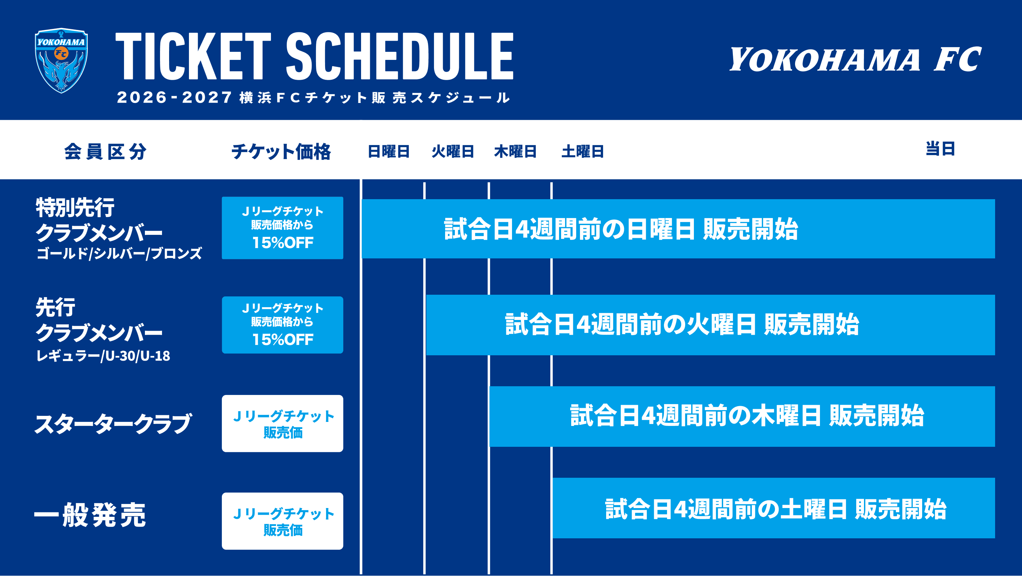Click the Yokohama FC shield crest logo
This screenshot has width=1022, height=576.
pyautogui.click(x=62, y=60)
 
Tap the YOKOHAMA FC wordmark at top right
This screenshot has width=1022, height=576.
pyautogui.click(x=855, y=59)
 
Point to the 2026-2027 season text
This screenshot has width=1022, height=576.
pyautogui.click(x=174, y=98)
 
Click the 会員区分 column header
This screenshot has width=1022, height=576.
pyautogui.click(x=105, y=152)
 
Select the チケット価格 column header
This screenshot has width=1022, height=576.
pyautogui.click(x=281, y=152)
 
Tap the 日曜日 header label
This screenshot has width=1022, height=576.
pyautogui.click(x=388, y=152)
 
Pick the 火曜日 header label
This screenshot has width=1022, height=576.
pyautogui.click(x=453, y=152)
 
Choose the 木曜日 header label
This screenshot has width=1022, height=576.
pyautogui.click(x=515, y=152)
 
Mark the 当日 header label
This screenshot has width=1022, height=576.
pyautogui.click(x=940, y=149)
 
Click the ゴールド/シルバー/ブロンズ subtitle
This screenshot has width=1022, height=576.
pyautogui.click(x=119, y=253)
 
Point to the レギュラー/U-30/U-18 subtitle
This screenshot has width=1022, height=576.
pyautogui.click(x=103, y=356)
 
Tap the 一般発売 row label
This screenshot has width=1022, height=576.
pyautogui.click(x=90, y=515)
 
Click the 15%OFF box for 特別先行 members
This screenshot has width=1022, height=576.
pyautogui.click(x=282, y=228)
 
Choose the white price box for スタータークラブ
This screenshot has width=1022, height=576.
pyautogui.click(x=282, y=424)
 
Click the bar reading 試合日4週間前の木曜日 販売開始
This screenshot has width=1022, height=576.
pyautogui.click(x=742, y=417)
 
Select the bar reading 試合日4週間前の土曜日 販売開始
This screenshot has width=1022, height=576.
pyautogui.click(x=774, y=508)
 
